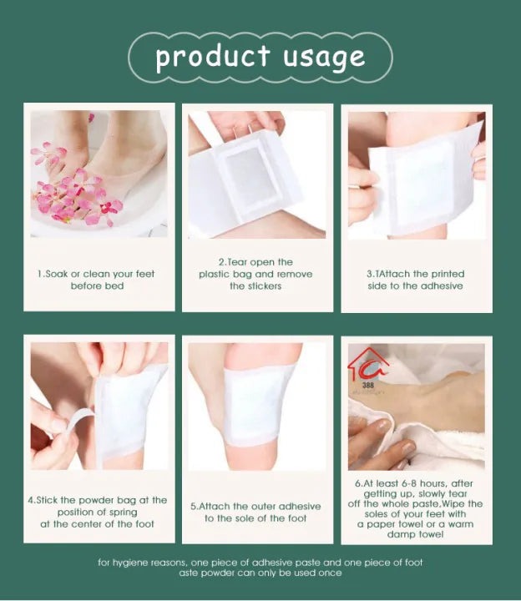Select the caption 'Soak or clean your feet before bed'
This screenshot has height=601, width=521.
tap(97, 280)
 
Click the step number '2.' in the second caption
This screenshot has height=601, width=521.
tap(223, 261)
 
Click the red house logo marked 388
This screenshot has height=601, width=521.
tap(368, 365)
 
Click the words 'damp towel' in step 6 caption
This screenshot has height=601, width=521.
tap(416, 534)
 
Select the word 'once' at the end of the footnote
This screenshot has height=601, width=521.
tap(330, 573)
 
